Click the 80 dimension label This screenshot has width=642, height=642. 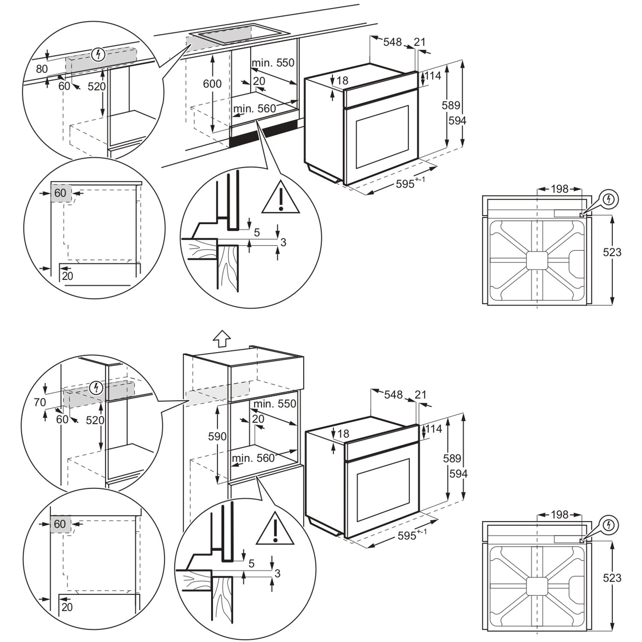(x=42, y=69)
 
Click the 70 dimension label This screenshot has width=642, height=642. (x=39, y=402)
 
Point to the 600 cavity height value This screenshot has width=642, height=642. (x=212, y=83)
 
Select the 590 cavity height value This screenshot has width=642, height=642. (x=217, y=437)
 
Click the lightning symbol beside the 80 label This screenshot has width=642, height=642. (x=98, y=54)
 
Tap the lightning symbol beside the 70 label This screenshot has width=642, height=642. (x=97, y=388)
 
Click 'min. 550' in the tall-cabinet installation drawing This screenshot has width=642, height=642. (x=275, y=404)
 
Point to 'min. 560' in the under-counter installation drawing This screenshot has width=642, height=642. (x=255, y=109)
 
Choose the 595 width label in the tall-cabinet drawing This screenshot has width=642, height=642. (x=407, y=535)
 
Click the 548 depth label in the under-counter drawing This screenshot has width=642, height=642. (x=392, y=42)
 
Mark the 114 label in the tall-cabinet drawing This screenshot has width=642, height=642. (x=434, y=428)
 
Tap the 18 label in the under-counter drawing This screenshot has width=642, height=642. (x=342, y=80)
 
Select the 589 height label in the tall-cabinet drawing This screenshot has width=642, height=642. (x=452, y=458)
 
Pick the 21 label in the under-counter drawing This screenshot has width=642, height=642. (x=420, y=42)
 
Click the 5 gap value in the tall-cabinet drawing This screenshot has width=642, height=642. (x=252, y=563)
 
